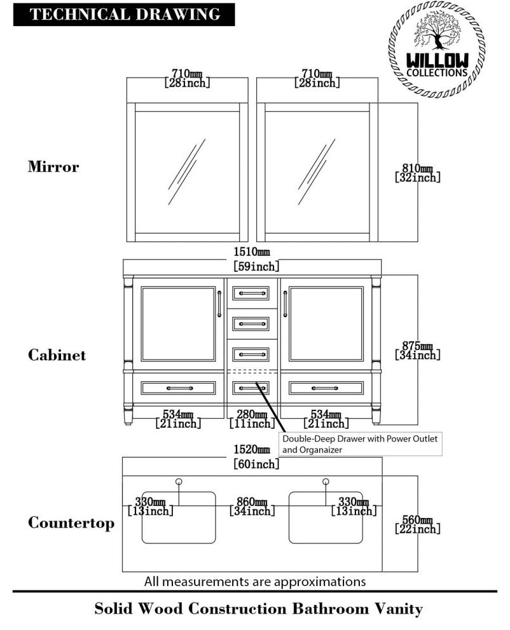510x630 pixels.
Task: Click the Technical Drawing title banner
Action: [x=124, y=14]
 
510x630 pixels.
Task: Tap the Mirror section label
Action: [x=53, y=167]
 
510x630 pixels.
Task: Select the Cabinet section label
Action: [x=57, y=354]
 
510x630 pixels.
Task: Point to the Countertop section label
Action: [x=71, y=523]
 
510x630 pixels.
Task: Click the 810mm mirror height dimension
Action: [x=417, y=172]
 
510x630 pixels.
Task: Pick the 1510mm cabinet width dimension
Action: [x=256, y=260]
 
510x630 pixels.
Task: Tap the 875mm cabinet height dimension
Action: [x=417, y=350]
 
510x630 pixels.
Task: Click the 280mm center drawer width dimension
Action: [x=252, y=418]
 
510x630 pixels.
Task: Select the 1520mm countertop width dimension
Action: [x=256, y=457]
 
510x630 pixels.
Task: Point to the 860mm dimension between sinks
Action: [x=252, y=505]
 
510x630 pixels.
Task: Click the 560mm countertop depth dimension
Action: [x=417, y=524]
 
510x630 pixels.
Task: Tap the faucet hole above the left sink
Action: [x=179, y=482]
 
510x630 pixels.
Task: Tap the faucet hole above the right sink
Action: [x=326, y=482]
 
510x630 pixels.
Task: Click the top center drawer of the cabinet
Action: [x=251, y=293]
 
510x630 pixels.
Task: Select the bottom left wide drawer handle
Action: [x=179, y=388]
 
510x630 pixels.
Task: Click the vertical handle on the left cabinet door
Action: [x=219, y=304]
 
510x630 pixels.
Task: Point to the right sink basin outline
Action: [x=326, y=517]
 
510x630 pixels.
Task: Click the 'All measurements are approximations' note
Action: [x=255, y=581]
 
